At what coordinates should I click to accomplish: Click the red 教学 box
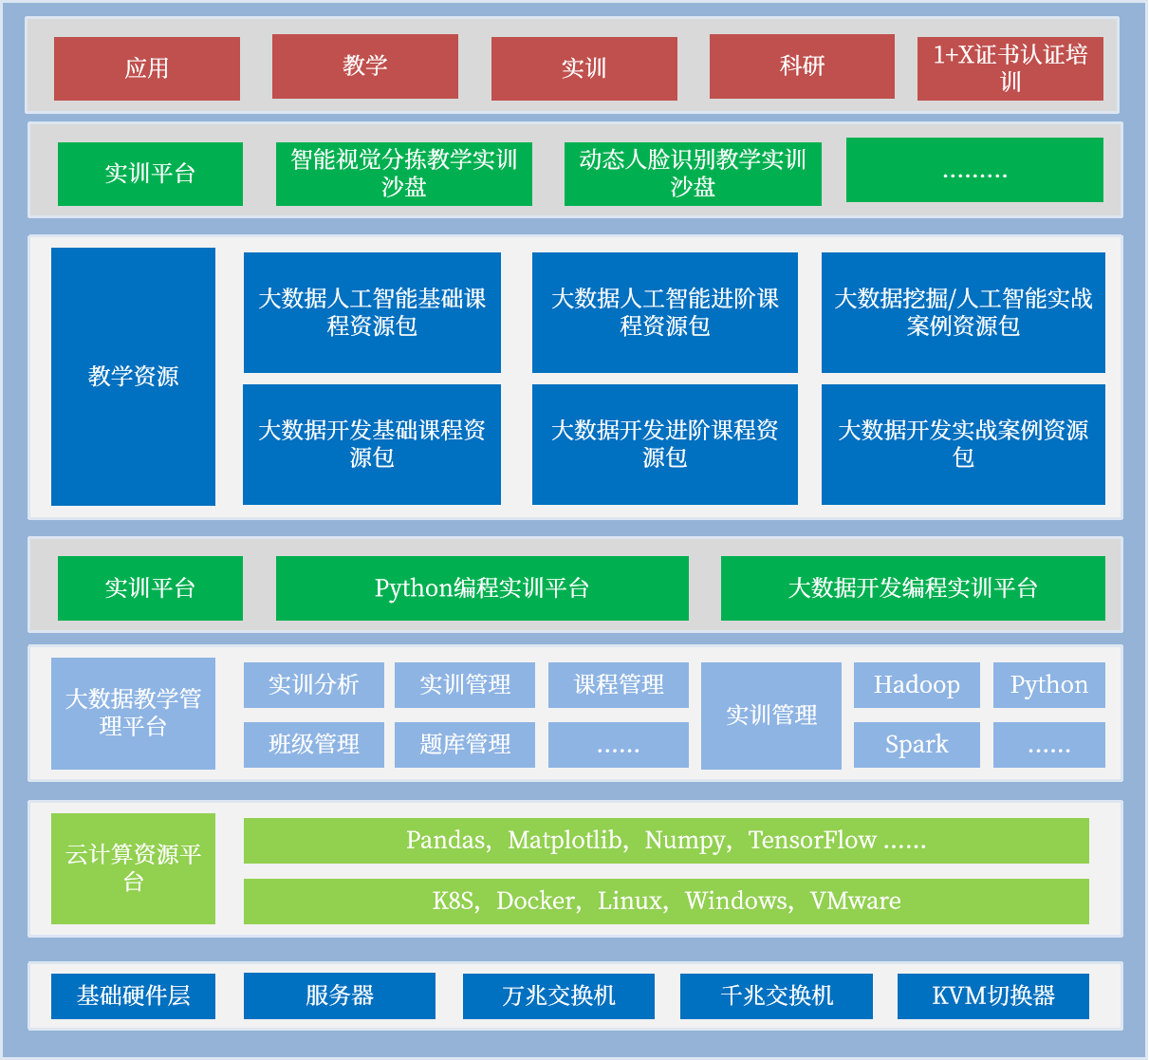[x=364, y=66]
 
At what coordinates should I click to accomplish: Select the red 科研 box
[x=802, y=66]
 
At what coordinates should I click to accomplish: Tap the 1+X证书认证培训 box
[x=1010, y=68]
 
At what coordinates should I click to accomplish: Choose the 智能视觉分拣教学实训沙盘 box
[x=403, y=174]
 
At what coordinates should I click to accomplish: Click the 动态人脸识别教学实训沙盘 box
[x=693, y=174]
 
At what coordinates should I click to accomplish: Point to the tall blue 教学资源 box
[x=133, y=377]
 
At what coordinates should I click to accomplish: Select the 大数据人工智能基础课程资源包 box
[x=372, y=312]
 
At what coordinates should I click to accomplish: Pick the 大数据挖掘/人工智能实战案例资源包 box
[x=963, y=312]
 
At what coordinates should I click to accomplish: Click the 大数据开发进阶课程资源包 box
[x=664, y=444]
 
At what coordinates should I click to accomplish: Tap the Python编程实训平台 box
[x=482, y=588]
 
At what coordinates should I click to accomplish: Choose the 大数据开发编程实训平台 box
[x=913, y=588]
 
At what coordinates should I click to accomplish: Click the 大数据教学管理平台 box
[x=133, y=714]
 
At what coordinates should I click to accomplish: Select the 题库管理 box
[x=465, y=745]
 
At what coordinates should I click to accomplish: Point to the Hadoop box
[x=917, y=685]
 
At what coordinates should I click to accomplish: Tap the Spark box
[x=917, y=745]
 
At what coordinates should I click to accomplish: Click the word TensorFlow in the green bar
[x=812, y=841]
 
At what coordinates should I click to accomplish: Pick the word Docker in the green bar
[x=537, y=902]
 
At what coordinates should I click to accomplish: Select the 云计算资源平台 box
[x=133, y=868]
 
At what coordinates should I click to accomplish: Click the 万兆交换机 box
[x=558, y=996]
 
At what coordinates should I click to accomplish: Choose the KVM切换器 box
[x=993, y=996]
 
